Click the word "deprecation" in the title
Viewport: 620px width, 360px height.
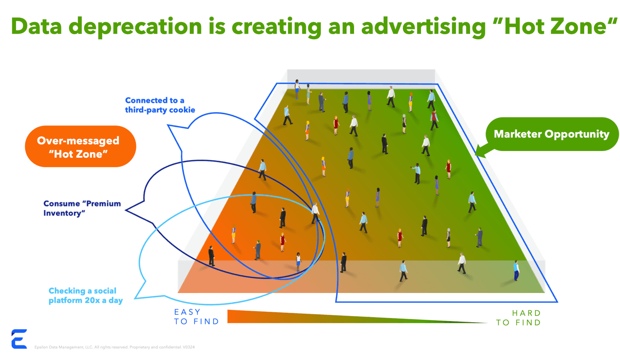tap(135, 27)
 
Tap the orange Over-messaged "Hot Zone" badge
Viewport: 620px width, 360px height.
tap(80, 147)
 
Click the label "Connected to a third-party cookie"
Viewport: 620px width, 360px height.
tap(160, 105)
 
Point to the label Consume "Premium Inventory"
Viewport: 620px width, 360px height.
tap(82, 208)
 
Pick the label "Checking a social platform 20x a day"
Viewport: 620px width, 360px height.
tap(86, 296)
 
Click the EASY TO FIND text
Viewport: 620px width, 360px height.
tap(196, 317)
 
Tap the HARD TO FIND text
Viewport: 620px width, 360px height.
tap(518, 318)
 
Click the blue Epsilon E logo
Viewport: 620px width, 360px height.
tap(19, 339)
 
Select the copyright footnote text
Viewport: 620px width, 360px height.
tap(115, 347)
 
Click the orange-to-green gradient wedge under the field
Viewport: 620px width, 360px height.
tap(357, 317)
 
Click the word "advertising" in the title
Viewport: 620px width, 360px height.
tap(424, 27)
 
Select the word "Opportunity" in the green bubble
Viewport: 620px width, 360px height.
tap(577, 134)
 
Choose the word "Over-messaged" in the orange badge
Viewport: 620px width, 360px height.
tap(78, 141)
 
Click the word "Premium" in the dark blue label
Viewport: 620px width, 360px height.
tap(102, 203)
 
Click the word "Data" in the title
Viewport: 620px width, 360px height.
tap(36, 26)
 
